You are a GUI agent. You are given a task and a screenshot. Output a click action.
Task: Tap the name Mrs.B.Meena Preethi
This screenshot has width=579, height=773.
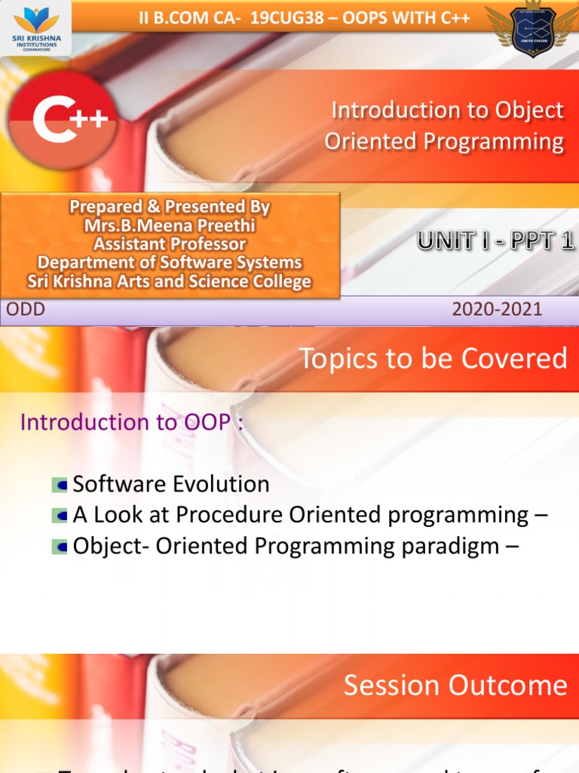(x=170, y=225)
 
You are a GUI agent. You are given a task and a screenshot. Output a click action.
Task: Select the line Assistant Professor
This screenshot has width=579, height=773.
(x=170, y=244)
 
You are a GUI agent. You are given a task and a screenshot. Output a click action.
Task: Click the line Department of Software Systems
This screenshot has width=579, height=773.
(x=170, y=263)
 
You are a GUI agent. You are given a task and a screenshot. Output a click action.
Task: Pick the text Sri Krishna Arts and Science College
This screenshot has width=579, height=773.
(x=170, y=282)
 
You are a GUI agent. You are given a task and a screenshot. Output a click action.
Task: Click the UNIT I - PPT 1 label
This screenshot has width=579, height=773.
(x=496, y=242)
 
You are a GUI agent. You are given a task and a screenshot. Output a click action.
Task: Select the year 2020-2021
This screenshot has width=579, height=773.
(x=497, y=309)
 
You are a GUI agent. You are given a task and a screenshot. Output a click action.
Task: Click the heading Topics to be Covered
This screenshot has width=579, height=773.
(x=433, y=359)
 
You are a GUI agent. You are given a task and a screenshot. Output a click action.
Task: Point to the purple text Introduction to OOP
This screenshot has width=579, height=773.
(x=132, y=422)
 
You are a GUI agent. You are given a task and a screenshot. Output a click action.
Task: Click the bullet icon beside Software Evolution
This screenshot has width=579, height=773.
(x=60, y=485)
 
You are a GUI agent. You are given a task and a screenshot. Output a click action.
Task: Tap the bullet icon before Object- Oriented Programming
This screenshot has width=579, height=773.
(x=60, y=547)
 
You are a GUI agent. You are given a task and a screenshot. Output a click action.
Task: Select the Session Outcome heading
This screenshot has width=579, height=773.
(x=455, y=685)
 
